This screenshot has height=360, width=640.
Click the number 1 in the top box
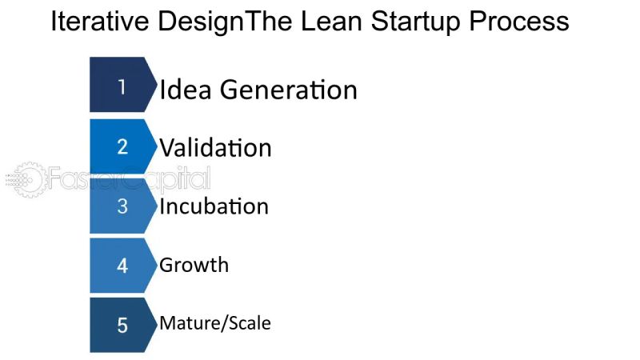pyautogui.click(x=122, y=86)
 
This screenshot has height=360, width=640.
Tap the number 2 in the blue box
pyautogui.click(x=122, y=146)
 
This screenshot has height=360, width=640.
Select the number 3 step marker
pyautogui.click(x=122, y=206)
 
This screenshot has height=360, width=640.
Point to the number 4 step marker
pyautogui.click(x=122, y=265)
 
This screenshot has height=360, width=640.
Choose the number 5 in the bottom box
pyautogui.click(x=122, y=325)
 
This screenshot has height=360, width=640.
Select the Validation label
pyautogui.click(x=215, y=148)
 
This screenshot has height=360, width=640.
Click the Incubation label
pyautogui.click(x=214, y=206)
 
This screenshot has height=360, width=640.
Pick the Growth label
pyautogui.click(x=194, y=265)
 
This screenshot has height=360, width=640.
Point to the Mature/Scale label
pyautogui.click(x=214, y=324)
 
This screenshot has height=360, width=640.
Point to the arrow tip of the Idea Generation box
pyautogui.click(x=155, y=85)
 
